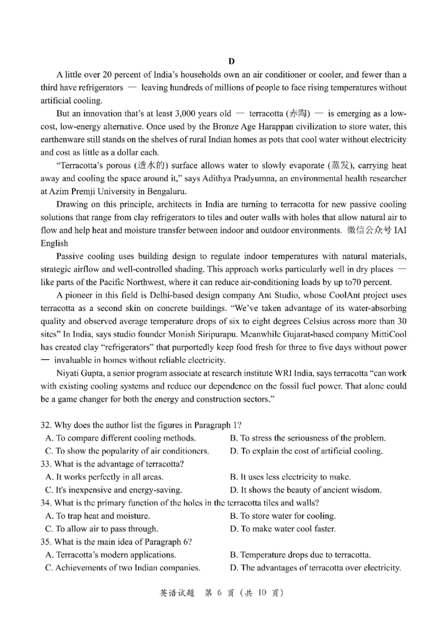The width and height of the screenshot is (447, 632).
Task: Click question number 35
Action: tap(46, 542)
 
